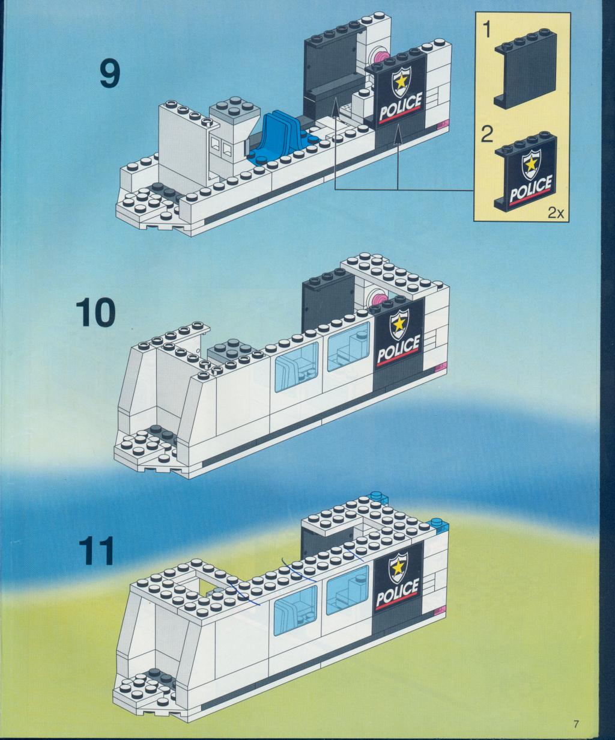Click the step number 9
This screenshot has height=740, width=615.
110,75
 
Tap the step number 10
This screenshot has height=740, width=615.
95,314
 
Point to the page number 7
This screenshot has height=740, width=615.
576,723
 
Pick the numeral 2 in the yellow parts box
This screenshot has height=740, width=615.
488,133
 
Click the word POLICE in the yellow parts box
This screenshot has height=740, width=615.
530,189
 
